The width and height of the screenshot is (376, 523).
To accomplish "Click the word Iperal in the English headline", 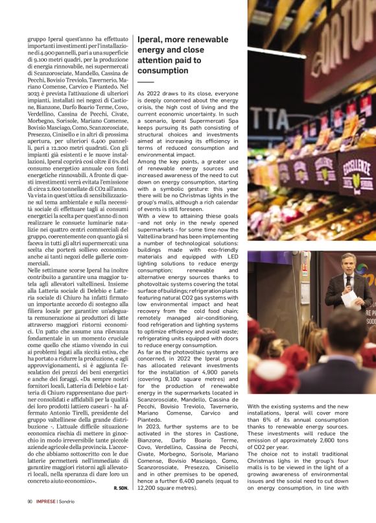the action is click(150, 38).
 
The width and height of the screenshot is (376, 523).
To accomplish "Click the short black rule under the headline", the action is click(146, 82).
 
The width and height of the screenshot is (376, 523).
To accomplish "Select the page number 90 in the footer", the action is click(30, 502).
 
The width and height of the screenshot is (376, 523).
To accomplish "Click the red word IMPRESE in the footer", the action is click(45, 502).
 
